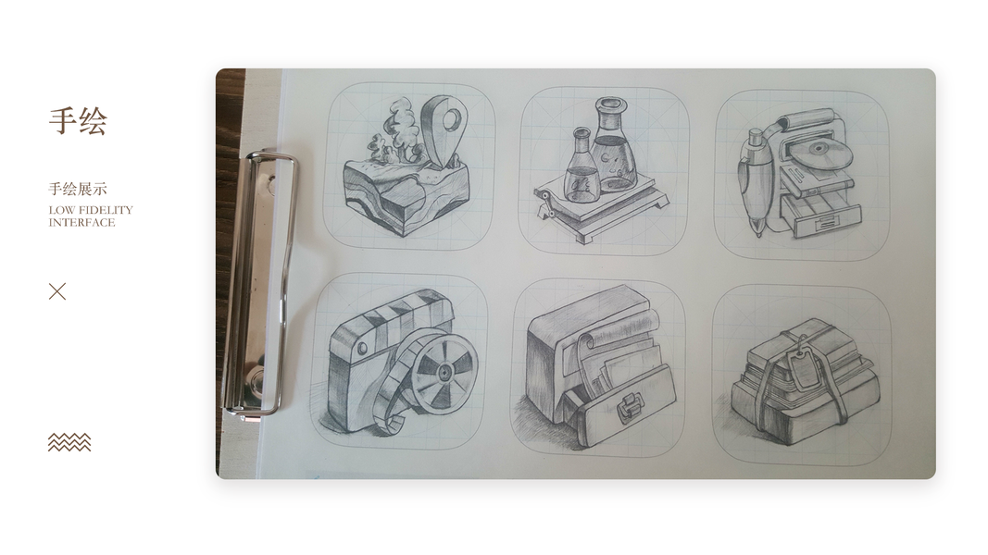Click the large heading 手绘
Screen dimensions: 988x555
pyautogui.click(x=78, y=121)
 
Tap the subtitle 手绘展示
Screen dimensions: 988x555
pyautogui.click(x=78, y=189)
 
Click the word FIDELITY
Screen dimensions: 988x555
pyautogui.click(x=106, y=210)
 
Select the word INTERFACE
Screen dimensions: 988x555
pyautogui.click(x=81, y=223)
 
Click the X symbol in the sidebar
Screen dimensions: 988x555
pyautogui.click(x=57, y=291)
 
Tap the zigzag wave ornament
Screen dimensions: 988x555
pyautogui.click(x=69, y=442)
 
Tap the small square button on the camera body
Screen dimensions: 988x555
pyautogui.click(x=361, y=348)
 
